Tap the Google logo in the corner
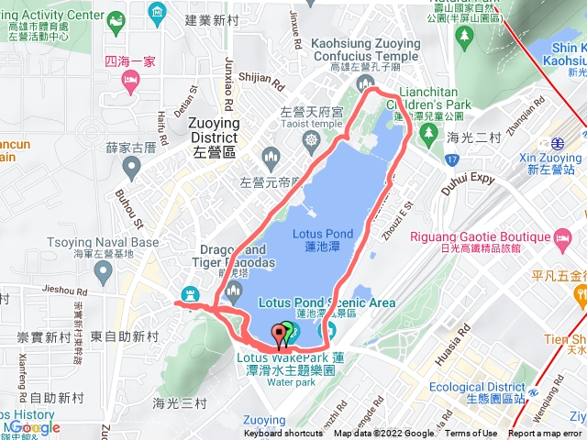point(35,427)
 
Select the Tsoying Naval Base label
point(90,247)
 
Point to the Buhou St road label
point(131,208)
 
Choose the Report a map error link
point(546,434)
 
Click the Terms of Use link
point(471,434)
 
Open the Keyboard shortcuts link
point(283,434)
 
